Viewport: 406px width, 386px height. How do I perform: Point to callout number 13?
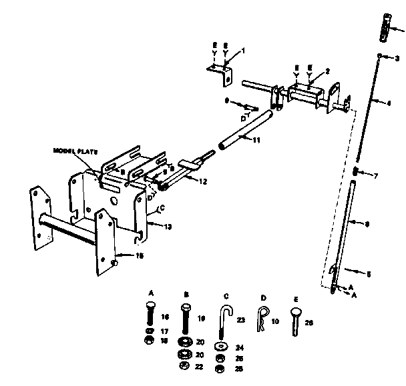tap(168, 227)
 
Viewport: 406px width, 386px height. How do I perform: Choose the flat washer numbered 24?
tap(220, 347)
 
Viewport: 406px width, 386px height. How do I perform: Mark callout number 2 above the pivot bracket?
tap(327, 71)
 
